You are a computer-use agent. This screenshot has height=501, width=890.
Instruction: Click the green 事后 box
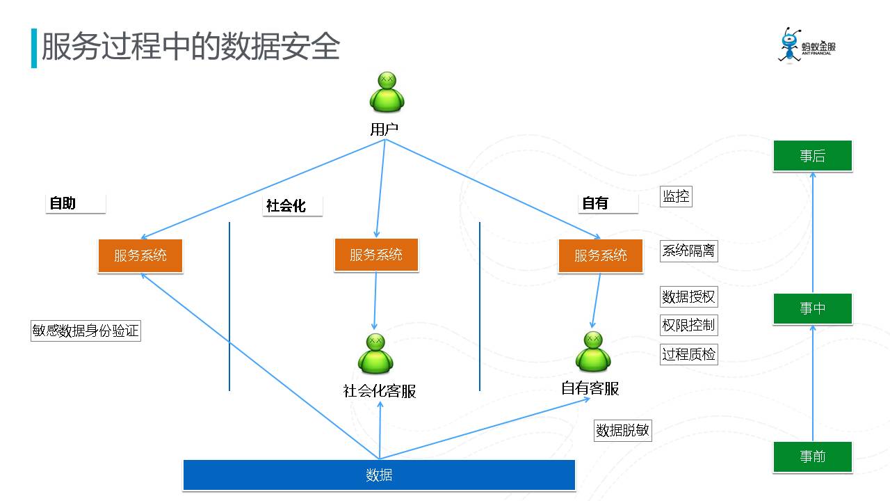tap(812, 156)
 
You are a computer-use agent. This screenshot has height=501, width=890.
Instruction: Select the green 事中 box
tap(812, 308)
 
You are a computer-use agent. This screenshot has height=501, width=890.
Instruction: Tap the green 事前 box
tap(812, 456)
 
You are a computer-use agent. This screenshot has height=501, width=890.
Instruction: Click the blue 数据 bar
tap(379, 475)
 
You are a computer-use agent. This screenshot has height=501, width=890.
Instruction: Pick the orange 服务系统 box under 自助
tap(140, 255)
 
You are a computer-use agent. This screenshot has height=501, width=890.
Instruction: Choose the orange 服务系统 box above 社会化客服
tap(376, 255)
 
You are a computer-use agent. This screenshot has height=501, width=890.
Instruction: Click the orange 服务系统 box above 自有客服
tap(600, 255)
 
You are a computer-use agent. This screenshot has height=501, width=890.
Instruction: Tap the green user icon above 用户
tap(387, 92)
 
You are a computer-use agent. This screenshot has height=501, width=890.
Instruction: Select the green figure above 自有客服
tap(593, 351)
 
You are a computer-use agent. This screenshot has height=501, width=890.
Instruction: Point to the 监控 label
tap(676, 196)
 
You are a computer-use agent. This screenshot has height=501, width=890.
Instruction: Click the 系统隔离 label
tap(688, 250)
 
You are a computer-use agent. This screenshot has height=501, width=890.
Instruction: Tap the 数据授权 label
tap(688, 296)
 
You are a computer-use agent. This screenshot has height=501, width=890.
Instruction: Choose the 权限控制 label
tap(688, 325)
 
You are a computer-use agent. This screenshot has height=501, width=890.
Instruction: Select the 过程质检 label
tap(688, 354)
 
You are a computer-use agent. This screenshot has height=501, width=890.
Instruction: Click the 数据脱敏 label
tap(622, 430)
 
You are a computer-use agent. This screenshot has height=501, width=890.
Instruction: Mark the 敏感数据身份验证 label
tap(86, 331)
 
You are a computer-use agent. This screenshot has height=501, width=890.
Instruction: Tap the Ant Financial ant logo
tap(790, 46)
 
